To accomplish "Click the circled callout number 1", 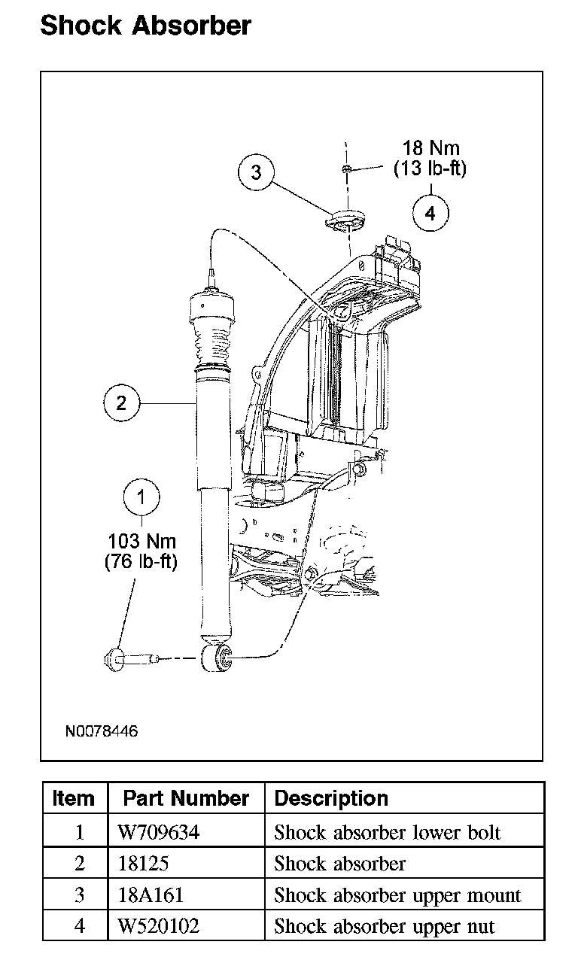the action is click(141, 497).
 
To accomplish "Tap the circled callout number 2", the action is click(122, 402).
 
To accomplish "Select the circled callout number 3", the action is click(256, 172).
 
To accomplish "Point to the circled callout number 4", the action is click(430, 213).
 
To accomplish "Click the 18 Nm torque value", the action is click(431, 148).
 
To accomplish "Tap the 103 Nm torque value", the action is click(142, 541).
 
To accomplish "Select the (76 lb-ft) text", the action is click(141, 561).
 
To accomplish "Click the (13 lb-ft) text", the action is click(430, 168).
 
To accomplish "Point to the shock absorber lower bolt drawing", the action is click(131, 659).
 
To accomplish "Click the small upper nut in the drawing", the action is click(346, 169).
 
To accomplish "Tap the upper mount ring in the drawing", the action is click(345, 220).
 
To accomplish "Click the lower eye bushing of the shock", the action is click(217, 658).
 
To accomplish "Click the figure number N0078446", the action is click(102, 731).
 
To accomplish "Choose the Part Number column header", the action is click(186, 797).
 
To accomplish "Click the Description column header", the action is click(331, 797).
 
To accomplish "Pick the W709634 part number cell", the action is click(159, 831).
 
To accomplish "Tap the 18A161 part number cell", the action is click(151, 895).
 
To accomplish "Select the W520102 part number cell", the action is click(159, 926).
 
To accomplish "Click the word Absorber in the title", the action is click(191, 26).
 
